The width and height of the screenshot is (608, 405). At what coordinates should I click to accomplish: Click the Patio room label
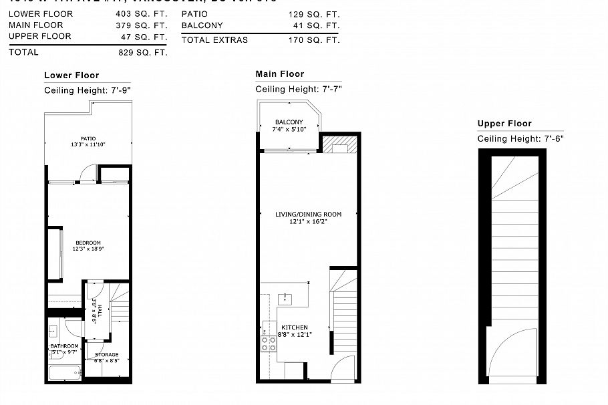[x=88, y=138]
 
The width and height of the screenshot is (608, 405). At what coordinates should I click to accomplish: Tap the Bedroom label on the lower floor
[x=88, y=243]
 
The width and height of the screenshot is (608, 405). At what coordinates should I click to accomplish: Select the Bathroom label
[x=64, y=346]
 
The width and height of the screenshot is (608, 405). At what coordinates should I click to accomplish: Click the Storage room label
[x=106, y=355]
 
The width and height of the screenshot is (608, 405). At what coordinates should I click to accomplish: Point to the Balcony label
[x=289, y=122]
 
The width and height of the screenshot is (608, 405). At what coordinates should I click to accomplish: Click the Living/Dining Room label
[x=308, y=215]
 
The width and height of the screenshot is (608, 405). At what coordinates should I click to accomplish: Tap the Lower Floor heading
[x=71, y=76]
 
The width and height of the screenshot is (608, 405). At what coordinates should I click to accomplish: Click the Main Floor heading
[x=279, y=74]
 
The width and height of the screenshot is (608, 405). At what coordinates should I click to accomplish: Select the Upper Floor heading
[x=504, y=124]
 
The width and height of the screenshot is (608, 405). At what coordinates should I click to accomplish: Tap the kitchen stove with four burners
[x=269, y=344]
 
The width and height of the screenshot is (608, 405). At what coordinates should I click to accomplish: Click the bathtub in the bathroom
[x=65, y=372]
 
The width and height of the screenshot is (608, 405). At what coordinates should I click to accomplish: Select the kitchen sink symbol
[x=285, y=297]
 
